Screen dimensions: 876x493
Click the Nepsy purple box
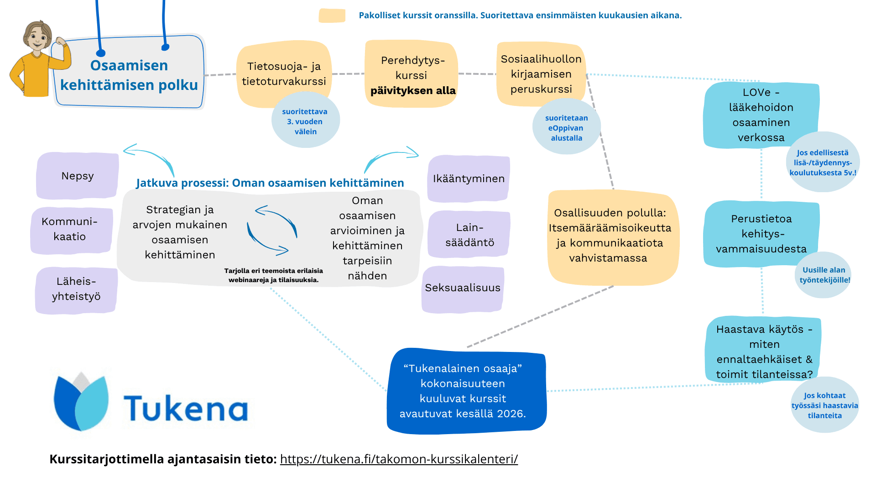pyautogui.click(x=78, y=176)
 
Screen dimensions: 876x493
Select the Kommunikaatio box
pyautogui.click(x=71, y=230)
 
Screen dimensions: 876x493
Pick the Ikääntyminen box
pyautogui.click(x=469, y=178)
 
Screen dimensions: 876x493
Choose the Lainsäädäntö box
pyautogui.click(x=469, y=234)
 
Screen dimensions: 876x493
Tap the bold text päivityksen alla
pyautogui.click(x=413, y=90)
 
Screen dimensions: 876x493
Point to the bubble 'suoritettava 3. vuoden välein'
pyautogui.click(x=305, y=121)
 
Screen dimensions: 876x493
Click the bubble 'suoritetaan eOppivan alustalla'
pyautogui.click(x=566, y=127)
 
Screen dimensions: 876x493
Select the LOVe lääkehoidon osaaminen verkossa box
pyautogui.click(x=761, y=115)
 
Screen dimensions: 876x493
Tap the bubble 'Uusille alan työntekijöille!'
pyautogui.click(x=824, y=275)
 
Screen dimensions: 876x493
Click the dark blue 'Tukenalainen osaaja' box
pyautogui.click(x=466, y=391)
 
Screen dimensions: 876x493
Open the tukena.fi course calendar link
pyautogui.click(x=399, y=459)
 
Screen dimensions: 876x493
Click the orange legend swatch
pyautogui.click(x=332, y=16)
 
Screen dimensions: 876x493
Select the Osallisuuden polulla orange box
pyautogui.click(x=613, y=237)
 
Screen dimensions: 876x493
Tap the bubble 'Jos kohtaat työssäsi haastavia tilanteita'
pyautogui.click(x=825, y=405)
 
